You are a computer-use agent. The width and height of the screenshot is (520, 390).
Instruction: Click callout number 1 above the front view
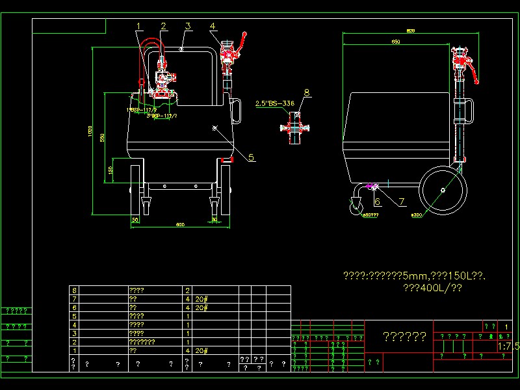click(138, 26)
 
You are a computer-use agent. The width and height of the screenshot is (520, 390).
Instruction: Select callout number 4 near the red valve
click(213, 26)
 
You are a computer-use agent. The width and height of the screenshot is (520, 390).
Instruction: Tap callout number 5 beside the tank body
click(252, 157)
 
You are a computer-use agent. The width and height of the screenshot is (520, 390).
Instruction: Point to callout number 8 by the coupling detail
click(307, 92)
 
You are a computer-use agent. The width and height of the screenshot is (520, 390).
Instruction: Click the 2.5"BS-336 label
click(274, 103)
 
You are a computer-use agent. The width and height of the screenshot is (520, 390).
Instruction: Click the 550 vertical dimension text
click(102, 138)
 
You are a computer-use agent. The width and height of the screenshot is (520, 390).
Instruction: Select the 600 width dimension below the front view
click(180, 225)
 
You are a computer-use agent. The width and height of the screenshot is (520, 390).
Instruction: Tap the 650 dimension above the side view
click(396, 42)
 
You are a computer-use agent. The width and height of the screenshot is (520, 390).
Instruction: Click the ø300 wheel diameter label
click(416, 214)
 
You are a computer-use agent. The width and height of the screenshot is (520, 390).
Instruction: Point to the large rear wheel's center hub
click(443, 190)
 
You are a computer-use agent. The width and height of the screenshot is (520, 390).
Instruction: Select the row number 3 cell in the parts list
click(75, 333)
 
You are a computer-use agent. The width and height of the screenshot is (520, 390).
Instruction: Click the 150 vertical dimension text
click(110, 170)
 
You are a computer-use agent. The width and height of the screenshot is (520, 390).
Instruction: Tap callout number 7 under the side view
click(402, 201)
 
